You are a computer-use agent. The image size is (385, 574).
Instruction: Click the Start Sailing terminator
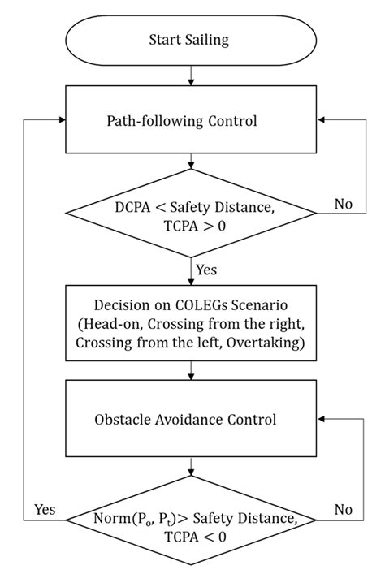pyautogui.click(x=190, y=39)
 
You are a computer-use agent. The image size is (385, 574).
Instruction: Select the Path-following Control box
pyautogui.click(x=190, y=120)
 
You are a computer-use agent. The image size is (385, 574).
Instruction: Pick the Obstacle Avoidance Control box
pyautogui.click(x=190, y=420)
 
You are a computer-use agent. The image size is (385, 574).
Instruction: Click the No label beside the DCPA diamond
pyautogui.click(x=344, y=204)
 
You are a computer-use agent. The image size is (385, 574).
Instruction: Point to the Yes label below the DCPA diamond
pyautogui.click(x=206, y=268)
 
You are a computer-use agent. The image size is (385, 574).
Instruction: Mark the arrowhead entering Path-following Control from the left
pyautogui.click(x=60, y=120)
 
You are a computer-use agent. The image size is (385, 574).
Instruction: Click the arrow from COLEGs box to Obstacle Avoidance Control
pyautogui.click(x=190, y=370)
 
